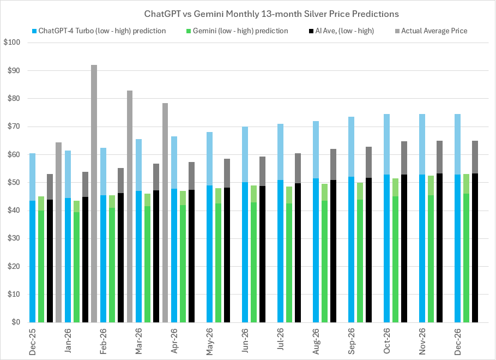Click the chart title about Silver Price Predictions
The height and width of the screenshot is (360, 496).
click(x=271, y=13)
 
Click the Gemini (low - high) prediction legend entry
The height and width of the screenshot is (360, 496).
click(x=239, y=31)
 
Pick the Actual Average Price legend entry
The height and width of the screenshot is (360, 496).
click(x=434, y=31)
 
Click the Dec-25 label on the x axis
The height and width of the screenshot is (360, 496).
click(x=32, y=340)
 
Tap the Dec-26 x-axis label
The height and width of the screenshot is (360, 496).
click(x=458, y=340)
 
